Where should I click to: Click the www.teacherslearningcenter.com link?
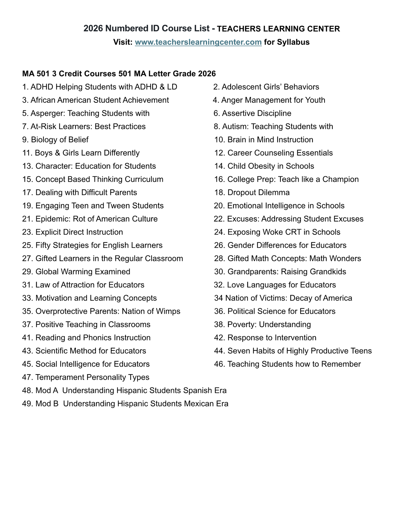[198, 42]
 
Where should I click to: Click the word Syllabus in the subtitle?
[293, 42]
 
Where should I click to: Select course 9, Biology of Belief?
[55, 140]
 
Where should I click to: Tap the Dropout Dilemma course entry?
[252, 192]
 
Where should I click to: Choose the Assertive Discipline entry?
[252, 113]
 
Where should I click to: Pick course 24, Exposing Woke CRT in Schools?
[277, 232]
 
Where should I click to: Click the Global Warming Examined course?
[76, 271]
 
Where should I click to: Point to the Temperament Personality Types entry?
[86, 377]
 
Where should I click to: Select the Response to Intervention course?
[265, 337]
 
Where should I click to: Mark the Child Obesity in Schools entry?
[264, 166]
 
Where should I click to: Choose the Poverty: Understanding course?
[262, 324]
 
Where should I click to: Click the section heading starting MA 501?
[119, 74]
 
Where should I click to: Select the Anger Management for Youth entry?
[269, 100]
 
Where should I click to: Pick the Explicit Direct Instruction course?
[73, 232]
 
